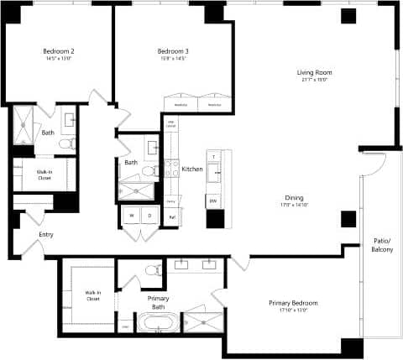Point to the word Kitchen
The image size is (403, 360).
tap(192, 170)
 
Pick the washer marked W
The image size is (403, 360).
tap(131, 216)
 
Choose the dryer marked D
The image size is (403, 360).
tap(149, 216)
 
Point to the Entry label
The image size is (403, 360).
tap(34, 235)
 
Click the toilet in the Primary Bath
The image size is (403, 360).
tap(154, 270)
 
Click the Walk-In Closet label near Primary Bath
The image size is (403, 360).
tap(92, 295)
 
